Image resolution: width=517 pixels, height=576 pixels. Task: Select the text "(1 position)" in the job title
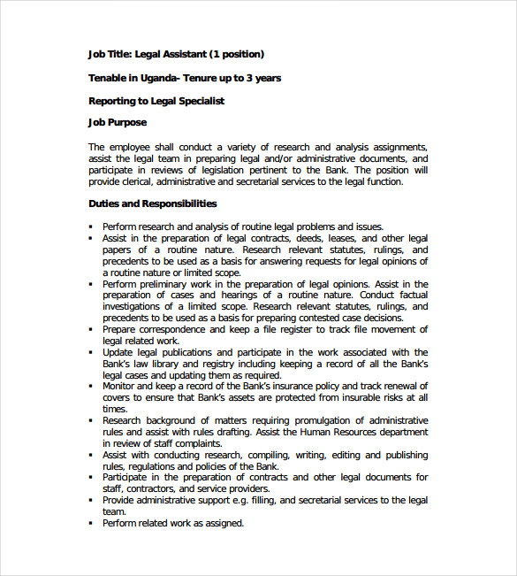(235, 54)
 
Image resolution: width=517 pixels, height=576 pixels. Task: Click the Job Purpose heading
(118, 123)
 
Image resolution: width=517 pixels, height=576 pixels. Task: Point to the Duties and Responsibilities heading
(152, 204)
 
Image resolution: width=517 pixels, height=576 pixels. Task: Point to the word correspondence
(179, 329)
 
